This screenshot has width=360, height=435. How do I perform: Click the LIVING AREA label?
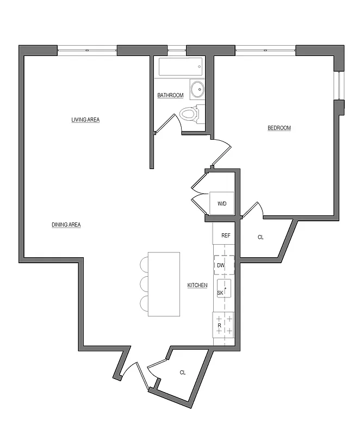pyautogui.click(x=85, y=120)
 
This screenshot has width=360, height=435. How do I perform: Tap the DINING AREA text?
pyautogui.click(x=66, y=225)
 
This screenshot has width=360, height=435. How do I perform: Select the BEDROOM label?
pyautogui.click(x=279, y=128)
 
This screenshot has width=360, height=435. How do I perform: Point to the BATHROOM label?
pyautogui.click(x=170, y=96)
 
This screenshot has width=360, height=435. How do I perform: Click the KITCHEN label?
pyautogui.click(x=197, y=285)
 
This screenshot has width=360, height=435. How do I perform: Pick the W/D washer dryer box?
pyautogui.click(x=222, y=203)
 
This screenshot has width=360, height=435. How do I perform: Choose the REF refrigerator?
pyautogui.click(x=226, y=235)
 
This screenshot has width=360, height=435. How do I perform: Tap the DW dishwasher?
pyautogui.click(x=223, y=265)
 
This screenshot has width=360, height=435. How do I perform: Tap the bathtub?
pyautogui.click(x=181, y=69)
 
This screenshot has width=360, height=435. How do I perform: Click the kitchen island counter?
pyautogui.click(x=164, y=284)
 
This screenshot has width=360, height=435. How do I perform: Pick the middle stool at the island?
pyautogui.click(x=145, y=284)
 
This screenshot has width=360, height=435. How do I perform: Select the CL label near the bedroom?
pyautogui.click(x=260, y=237)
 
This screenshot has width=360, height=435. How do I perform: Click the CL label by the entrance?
pyautogui.click(x=183, y=372)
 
